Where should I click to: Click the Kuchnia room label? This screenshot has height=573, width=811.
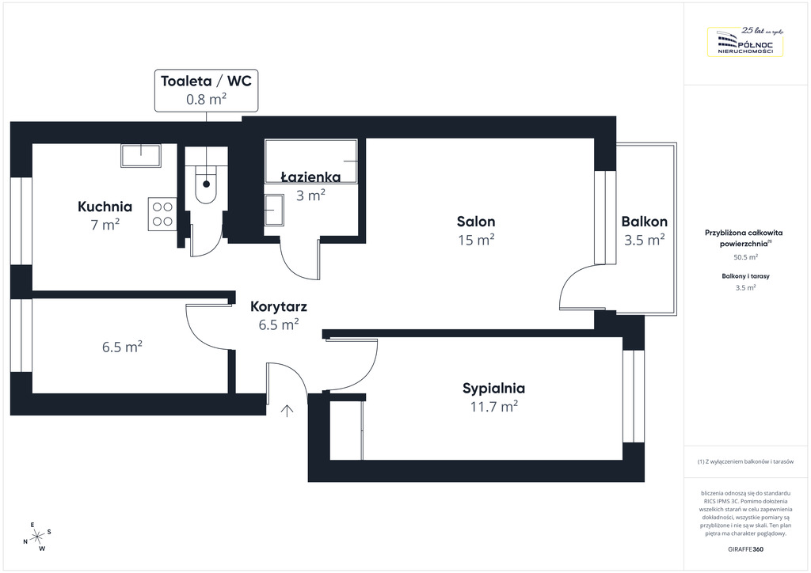(105, 207)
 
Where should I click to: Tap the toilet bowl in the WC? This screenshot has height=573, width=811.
(207, 184)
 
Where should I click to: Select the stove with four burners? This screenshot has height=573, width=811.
(162, 214)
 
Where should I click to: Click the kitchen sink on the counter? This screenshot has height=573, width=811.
(140, 154)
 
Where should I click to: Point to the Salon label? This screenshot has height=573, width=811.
(476, 222)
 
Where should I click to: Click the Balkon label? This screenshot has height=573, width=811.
(644, 222)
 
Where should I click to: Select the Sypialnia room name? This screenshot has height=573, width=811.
(493, 389)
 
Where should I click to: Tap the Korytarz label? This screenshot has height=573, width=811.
(279, 306)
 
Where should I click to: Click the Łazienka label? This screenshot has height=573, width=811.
(311, 177)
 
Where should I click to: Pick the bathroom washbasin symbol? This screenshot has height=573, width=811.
(274, 211)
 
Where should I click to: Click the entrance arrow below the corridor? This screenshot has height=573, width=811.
(287, 409)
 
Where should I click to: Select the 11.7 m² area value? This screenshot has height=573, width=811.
(493, 407)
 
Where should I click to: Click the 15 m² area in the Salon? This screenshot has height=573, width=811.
(476, 240)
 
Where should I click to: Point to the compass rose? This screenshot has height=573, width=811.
(36, 537)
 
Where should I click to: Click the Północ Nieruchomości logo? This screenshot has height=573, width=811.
(744, 42)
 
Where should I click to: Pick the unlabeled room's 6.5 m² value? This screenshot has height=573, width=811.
(123, 347)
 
